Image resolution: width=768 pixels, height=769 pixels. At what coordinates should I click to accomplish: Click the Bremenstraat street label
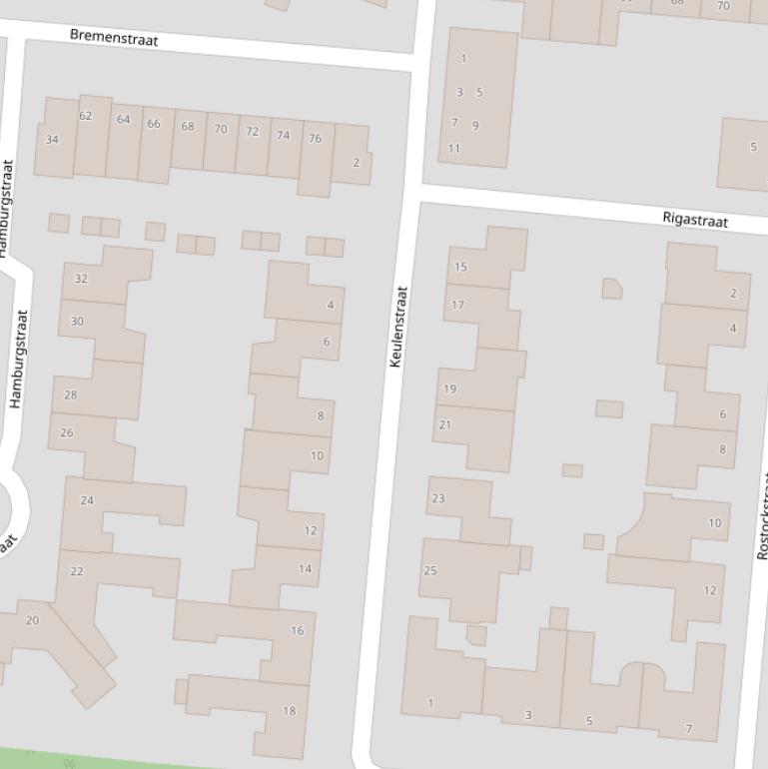point(114,38)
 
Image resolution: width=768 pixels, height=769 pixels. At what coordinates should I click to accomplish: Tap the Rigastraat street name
point(695,219)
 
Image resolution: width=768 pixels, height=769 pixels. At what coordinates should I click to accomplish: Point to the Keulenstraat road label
point(397,327)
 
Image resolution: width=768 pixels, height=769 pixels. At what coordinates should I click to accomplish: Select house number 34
point(52,140)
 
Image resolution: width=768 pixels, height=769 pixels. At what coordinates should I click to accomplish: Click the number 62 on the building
point(85,116)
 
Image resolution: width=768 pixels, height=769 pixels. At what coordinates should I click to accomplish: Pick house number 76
point(315,139)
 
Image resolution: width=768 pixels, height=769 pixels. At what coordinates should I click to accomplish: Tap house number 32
point(81,279)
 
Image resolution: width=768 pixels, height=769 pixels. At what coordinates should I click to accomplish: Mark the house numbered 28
point(70,394)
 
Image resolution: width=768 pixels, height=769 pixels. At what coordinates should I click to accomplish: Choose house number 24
point(87,500)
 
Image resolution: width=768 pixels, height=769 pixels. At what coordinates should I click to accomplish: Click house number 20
point(32,620)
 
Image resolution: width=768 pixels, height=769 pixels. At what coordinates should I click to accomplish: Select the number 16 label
point(297,630)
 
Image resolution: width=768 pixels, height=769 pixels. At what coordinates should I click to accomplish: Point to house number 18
point(289,711)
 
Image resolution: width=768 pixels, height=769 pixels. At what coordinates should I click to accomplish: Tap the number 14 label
point(305,569)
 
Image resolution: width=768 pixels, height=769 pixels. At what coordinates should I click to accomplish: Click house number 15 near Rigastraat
point(460,267)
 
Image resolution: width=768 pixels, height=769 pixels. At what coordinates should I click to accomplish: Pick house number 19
point(449,388)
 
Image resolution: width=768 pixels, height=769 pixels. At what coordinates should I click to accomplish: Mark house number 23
point(437,498)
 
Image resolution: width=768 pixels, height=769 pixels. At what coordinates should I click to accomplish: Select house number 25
point(430,571)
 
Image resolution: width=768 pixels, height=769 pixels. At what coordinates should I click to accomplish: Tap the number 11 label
point(454,149)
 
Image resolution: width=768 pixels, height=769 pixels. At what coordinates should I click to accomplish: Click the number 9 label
point(475,125)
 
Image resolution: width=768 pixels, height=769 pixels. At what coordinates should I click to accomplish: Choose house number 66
point(153,124)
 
